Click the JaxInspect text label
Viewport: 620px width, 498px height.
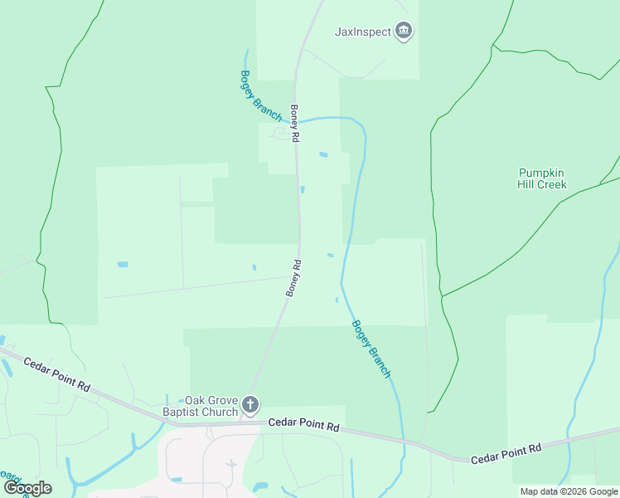pos(362,32)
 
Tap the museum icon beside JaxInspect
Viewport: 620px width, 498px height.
pos(404,32)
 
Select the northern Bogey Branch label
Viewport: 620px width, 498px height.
pos(261,95)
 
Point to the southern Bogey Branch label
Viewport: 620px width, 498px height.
pos(371,349)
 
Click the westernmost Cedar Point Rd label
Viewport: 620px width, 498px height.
pos(56,374)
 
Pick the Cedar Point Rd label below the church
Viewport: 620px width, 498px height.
pos(303,426)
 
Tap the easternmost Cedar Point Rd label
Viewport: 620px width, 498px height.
pos(506,453)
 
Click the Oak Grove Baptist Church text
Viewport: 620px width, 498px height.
pos(200,406)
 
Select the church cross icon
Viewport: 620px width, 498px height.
pos(250,406)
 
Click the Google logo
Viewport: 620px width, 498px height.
pos(27,488)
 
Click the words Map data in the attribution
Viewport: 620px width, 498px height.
pos(540,491)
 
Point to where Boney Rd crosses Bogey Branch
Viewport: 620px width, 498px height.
pos(297,121)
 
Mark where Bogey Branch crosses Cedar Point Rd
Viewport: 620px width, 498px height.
pos(403,439)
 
